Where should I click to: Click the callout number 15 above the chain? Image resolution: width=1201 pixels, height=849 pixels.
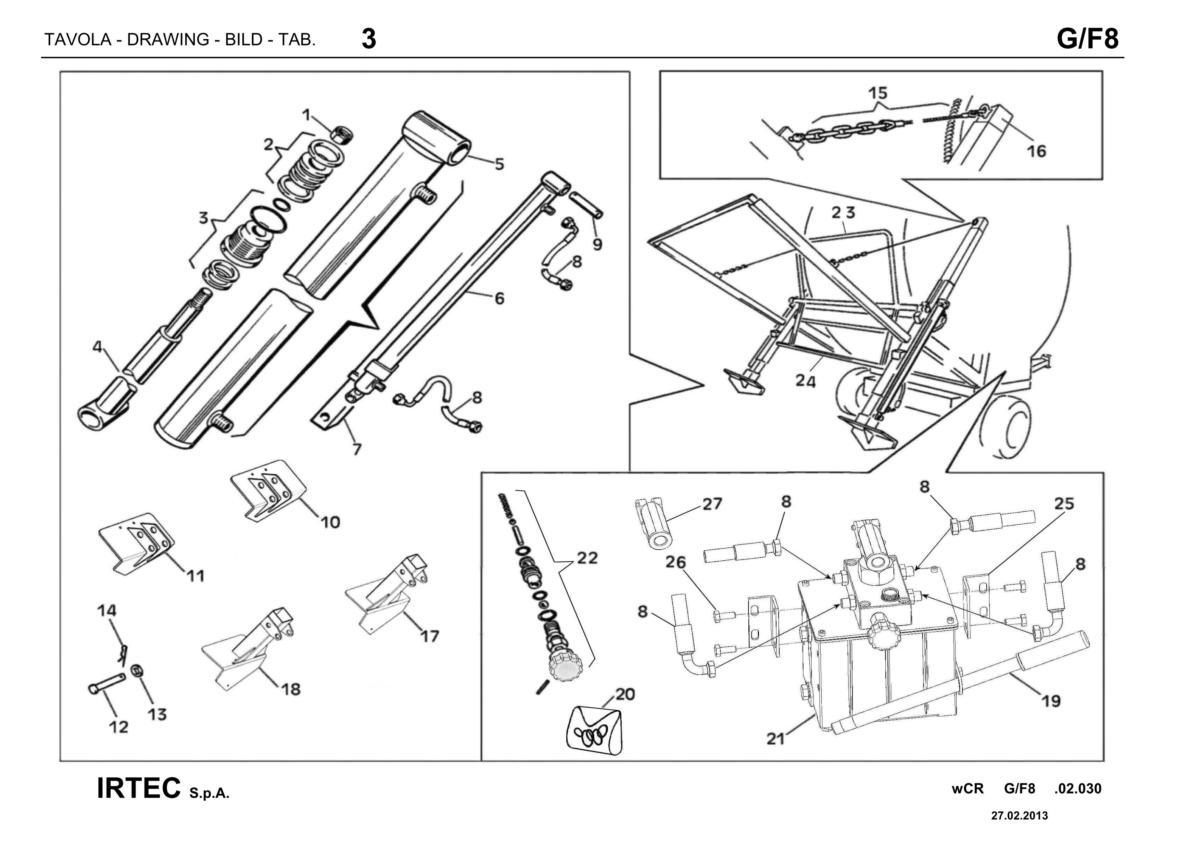coord(878,93)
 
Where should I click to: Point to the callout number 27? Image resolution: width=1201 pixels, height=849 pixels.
coord(711,504)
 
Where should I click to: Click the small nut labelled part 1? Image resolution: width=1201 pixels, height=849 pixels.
coord(343,134)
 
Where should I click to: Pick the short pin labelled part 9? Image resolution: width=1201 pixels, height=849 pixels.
coord(586,205)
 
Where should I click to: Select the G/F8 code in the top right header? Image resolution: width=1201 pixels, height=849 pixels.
coord(1088,38)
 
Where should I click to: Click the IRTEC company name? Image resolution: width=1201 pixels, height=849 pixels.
coord(139,788)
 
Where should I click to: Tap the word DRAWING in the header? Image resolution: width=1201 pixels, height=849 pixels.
coord(168,40)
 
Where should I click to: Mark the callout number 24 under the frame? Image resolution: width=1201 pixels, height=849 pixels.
coord(806,381)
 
